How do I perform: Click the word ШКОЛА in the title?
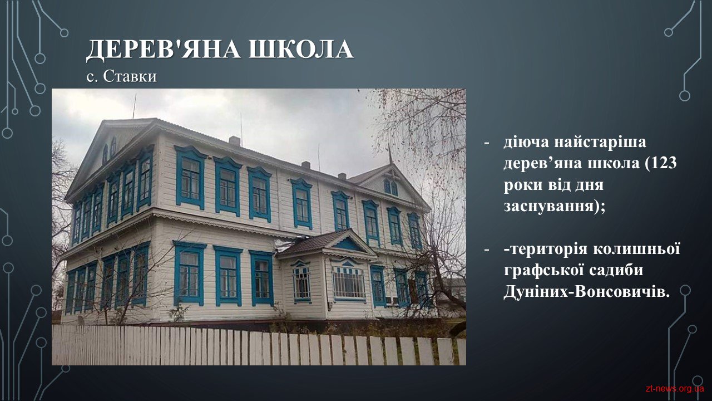tap(301, 50)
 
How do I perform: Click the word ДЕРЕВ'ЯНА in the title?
tap(163, 50)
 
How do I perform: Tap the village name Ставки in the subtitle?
tap(130, 76)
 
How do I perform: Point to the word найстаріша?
tap(600, 142)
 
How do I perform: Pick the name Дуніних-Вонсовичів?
tap(586, 292)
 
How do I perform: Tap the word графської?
tap(544, 271)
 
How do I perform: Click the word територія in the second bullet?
tap(547, 249)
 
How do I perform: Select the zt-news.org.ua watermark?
tap(675, 389)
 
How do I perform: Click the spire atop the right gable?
tap(390, 154)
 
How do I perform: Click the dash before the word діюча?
tap(486, 143)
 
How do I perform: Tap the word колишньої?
tap(637, 249)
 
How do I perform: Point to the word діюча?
tap(526, 142)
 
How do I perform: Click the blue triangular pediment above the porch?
tap(348, 245)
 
